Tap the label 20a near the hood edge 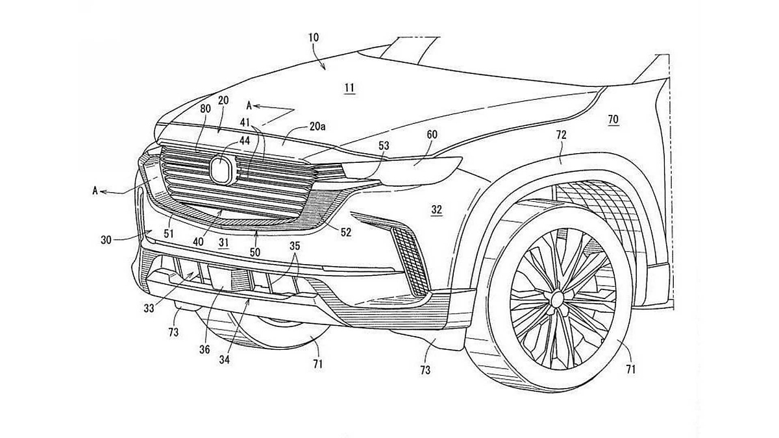317,127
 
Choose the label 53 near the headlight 384,146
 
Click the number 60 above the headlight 432,134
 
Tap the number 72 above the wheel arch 562,135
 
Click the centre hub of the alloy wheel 556,299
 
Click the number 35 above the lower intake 295,247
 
